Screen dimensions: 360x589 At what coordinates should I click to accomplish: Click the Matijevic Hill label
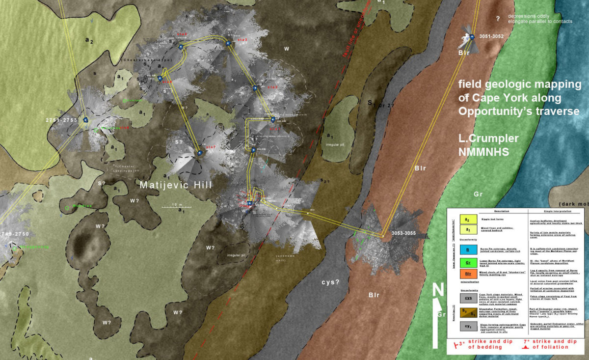point(176,185)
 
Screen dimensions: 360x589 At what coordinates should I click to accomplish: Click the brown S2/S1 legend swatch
point(467,311)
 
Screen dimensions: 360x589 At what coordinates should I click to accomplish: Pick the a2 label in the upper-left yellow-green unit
point(89,41)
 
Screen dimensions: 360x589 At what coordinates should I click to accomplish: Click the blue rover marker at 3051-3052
point(472,37)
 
